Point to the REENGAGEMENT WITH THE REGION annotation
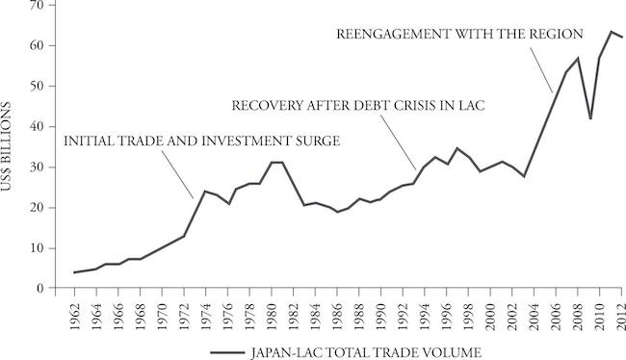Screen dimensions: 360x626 click(x=459, y=34)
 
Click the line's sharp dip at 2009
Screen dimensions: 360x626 click(x=589, y=118)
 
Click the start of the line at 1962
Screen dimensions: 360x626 click(x=75, y=272)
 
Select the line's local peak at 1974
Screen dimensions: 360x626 click(x=206, y=191)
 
